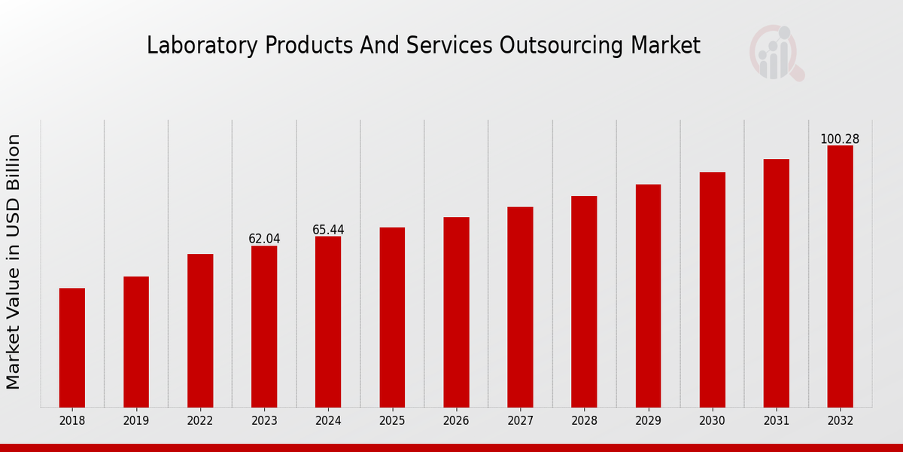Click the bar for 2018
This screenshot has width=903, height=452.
point(72,347)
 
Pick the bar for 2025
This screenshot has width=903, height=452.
point(392,317)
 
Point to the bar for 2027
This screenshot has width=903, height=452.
point(520,307)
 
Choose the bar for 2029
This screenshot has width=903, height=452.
point(648,295)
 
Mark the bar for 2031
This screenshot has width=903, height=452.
point(777,282)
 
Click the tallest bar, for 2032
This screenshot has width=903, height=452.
point(840,276)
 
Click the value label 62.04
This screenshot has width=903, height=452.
point(264,239)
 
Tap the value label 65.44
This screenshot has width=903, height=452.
point(328,230)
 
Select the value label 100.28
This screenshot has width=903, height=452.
point(840,139)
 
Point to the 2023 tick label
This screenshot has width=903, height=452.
point(264,421)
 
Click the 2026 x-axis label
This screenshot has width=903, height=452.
point(456,421)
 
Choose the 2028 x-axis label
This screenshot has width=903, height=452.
point(584,421)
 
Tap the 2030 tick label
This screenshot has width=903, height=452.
point(713,421)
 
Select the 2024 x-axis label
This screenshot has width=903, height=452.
point(328,421)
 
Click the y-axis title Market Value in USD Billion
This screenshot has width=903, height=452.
point(14,261)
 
